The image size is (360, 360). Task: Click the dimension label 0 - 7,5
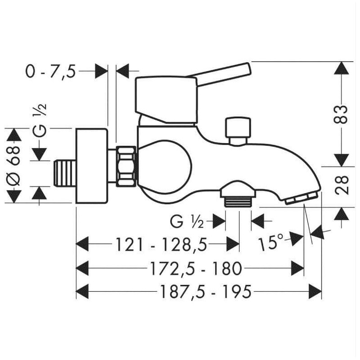pos(50,71)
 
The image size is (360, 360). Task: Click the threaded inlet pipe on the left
pos(63,172)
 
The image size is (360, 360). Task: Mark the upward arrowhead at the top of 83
pos(342,68)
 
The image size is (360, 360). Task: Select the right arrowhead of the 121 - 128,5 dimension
pos(233,245)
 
